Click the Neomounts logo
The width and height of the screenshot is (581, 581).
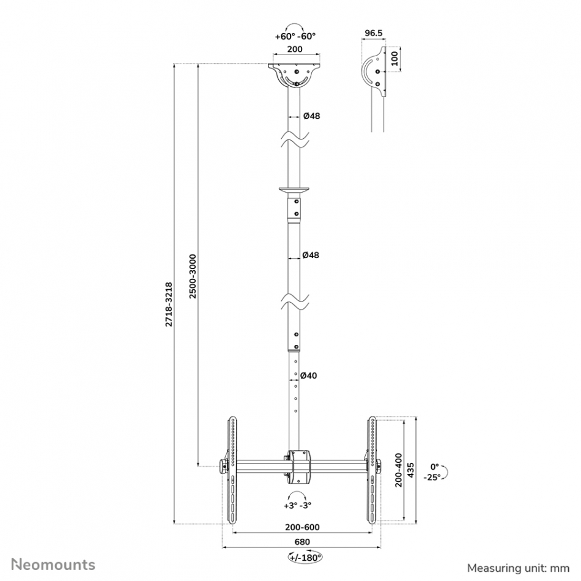[53, 564]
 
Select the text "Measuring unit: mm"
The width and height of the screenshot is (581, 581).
[518, 568]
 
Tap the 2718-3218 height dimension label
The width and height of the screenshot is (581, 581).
[169, 304]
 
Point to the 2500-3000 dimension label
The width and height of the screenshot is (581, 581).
[193, 276]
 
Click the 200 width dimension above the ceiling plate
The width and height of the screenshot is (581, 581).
[295, 49]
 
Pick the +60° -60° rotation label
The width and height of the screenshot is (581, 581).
[295, 36]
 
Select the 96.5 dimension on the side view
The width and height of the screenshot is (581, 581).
[373, 33]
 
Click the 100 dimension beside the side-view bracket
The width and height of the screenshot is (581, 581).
[394, 59]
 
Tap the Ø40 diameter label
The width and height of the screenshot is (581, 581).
[308, 376]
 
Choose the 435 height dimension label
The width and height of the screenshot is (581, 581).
[410, 470]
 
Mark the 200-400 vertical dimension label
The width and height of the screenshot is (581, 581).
[398, 470]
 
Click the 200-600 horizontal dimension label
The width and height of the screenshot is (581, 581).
[302, 527]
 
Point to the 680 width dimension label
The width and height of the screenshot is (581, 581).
[302, 542]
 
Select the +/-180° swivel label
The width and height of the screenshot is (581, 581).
[305, 557]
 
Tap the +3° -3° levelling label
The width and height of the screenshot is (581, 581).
[298, 505]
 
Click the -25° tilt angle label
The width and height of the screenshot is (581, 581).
[432, 477]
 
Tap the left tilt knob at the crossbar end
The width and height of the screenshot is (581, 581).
[223, 467]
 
